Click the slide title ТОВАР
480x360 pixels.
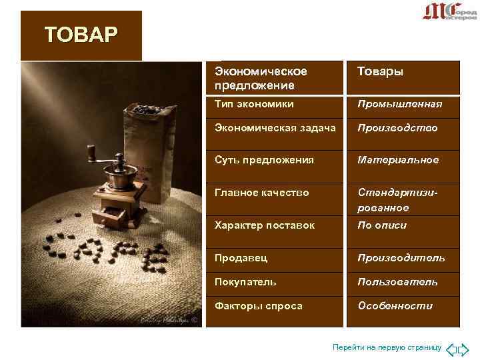81,34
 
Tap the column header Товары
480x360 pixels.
380,71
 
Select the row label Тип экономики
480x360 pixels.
254,105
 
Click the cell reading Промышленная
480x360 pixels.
399,105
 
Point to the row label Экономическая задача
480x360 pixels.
275,127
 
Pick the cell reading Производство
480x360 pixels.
397,127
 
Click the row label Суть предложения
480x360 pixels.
264,160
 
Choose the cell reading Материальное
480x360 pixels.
398,160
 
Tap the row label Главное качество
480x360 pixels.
262,192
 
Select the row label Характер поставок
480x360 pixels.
265,225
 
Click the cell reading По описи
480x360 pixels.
382,225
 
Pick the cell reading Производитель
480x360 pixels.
401,257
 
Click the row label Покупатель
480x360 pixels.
245,281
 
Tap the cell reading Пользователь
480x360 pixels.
397,281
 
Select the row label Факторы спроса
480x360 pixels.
259,305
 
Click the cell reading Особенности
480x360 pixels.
395,305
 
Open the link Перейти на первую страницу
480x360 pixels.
387,348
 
